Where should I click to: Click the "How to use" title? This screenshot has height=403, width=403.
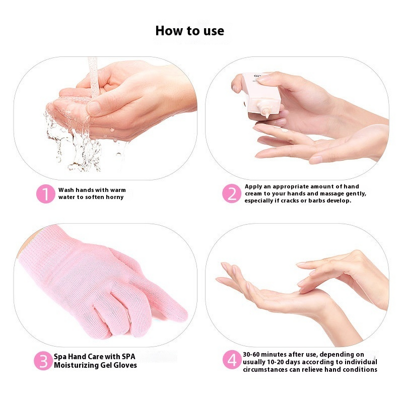click(x=189, y=31)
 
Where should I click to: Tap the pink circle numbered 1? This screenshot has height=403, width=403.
click(x=45, y=194)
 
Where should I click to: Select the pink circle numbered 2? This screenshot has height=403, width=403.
click(x=232, y=194)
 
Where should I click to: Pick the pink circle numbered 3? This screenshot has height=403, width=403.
click(x=43, y=361)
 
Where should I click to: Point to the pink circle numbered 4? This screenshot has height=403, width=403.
click(x=232, y=361)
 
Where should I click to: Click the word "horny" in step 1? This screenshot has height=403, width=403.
click(x=111, y=197)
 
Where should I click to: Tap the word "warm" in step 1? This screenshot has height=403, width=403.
click(x=117, y=190)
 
